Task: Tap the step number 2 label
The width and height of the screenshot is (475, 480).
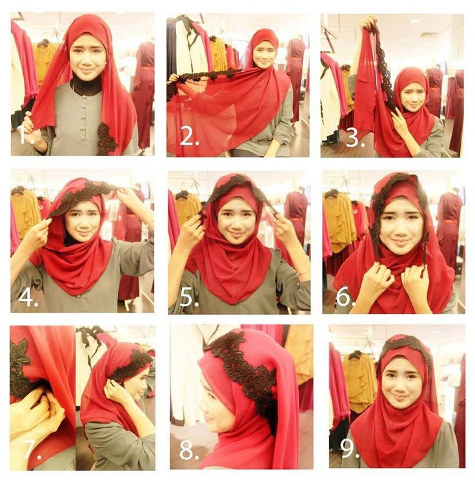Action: (190, 136)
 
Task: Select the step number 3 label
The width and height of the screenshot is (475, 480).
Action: (355, 137)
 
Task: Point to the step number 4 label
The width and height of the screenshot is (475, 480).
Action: (28, 297)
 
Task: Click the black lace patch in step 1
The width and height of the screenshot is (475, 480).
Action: (106, 138)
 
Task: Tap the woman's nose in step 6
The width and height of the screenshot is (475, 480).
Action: (398, 229)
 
